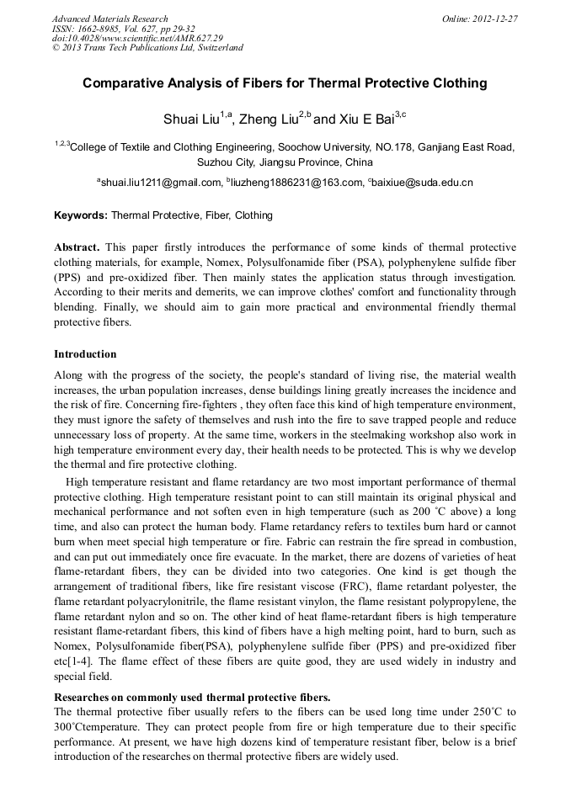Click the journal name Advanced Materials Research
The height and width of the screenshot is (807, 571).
(109, 19)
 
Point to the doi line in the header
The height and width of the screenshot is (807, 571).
(137, 38)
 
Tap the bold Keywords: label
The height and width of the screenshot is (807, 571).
(81, 215)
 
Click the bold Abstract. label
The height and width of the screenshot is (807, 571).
(77, 247)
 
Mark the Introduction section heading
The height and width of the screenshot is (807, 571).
(85, 353)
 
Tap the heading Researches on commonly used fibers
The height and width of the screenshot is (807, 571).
(192, 698)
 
